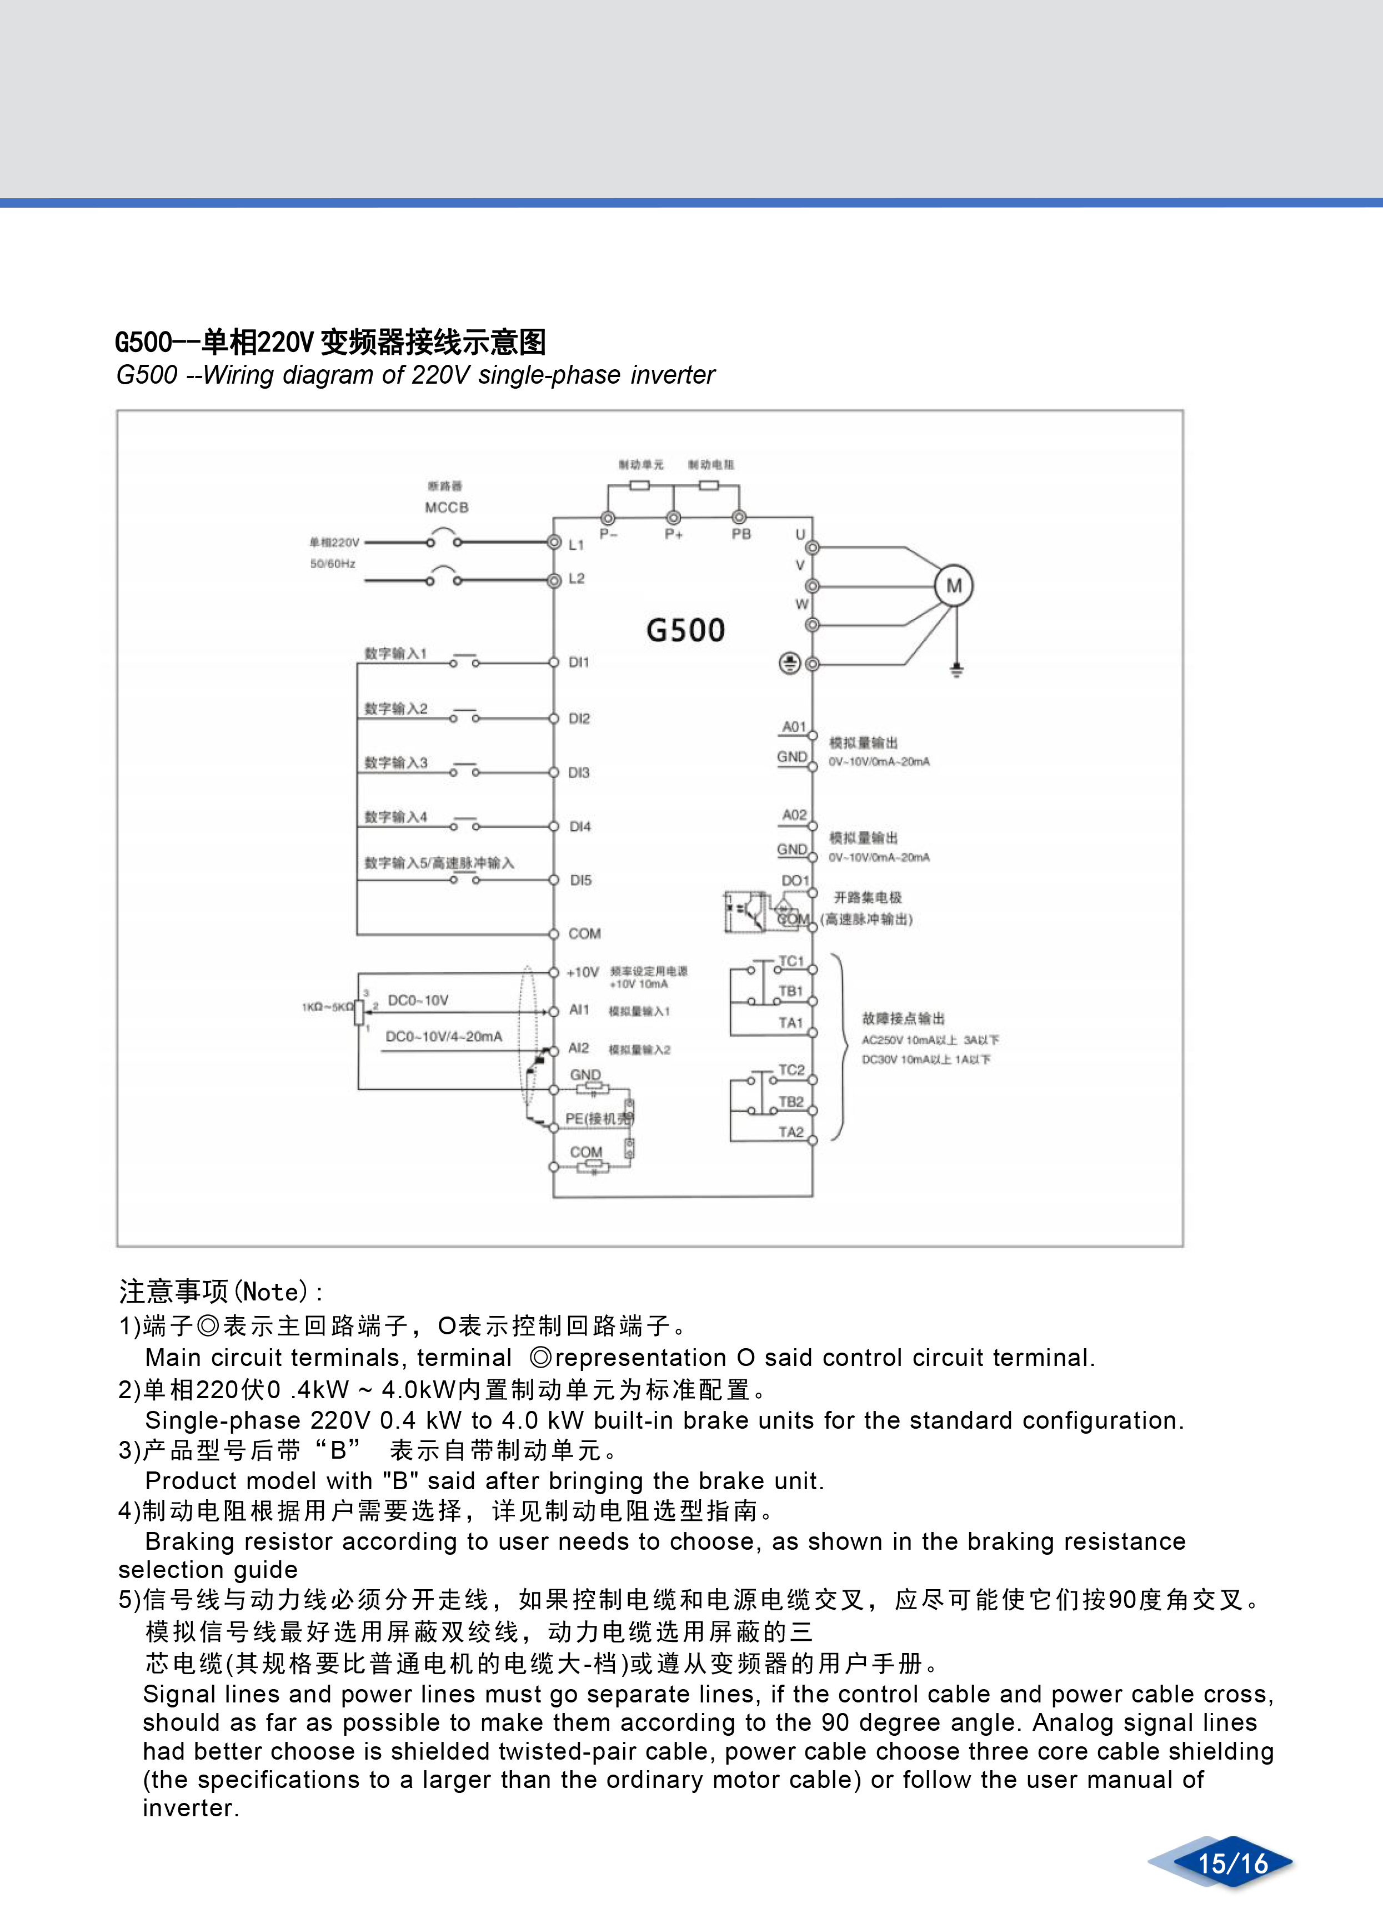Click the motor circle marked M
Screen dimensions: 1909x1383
point(954,586)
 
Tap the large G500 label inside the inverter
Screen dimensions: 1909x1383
point(685,630)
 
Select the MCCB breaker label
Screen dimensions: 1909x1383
point(446,508)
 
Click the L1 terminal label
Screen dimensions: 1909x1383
point(576,545)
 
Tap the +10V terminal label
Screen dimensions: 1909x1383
point(583,973)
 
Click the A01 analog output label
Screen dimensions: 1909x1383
point(794,726)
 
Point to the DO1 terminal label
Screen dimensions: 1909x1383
point(795,881)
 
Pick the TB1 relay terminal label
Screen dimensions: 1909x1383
point(790,992)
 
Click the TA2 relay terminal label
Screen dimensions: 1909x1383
point(790,1132)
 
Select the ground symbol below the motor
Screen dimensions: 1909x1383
point(956,671)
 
